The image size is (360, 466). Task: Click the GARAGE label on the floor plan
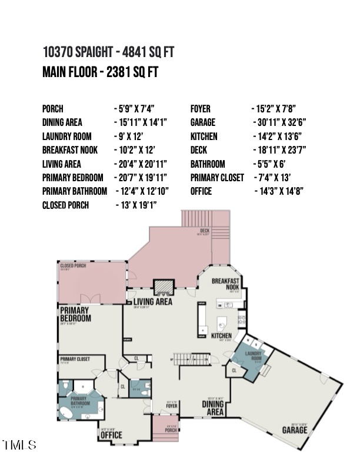point(294,429)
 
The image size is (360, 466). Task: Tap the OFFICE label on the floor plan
point(111,434)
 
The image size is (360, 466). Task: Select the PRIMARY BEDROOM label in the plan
point(75,314)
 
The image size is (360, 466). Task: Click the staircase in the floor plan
point(194,359)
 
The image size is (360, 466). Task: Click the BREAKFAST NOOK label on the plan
point(225,284)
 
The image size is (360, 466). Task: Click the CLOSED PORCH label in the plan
point(74,266)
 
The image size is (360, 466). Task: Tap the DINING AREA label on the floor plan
point(213,408)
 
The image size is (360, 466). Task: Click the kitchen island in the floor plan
point(222,323)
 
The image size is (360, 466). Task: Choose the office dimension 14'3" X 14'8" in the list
point(279,191)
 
